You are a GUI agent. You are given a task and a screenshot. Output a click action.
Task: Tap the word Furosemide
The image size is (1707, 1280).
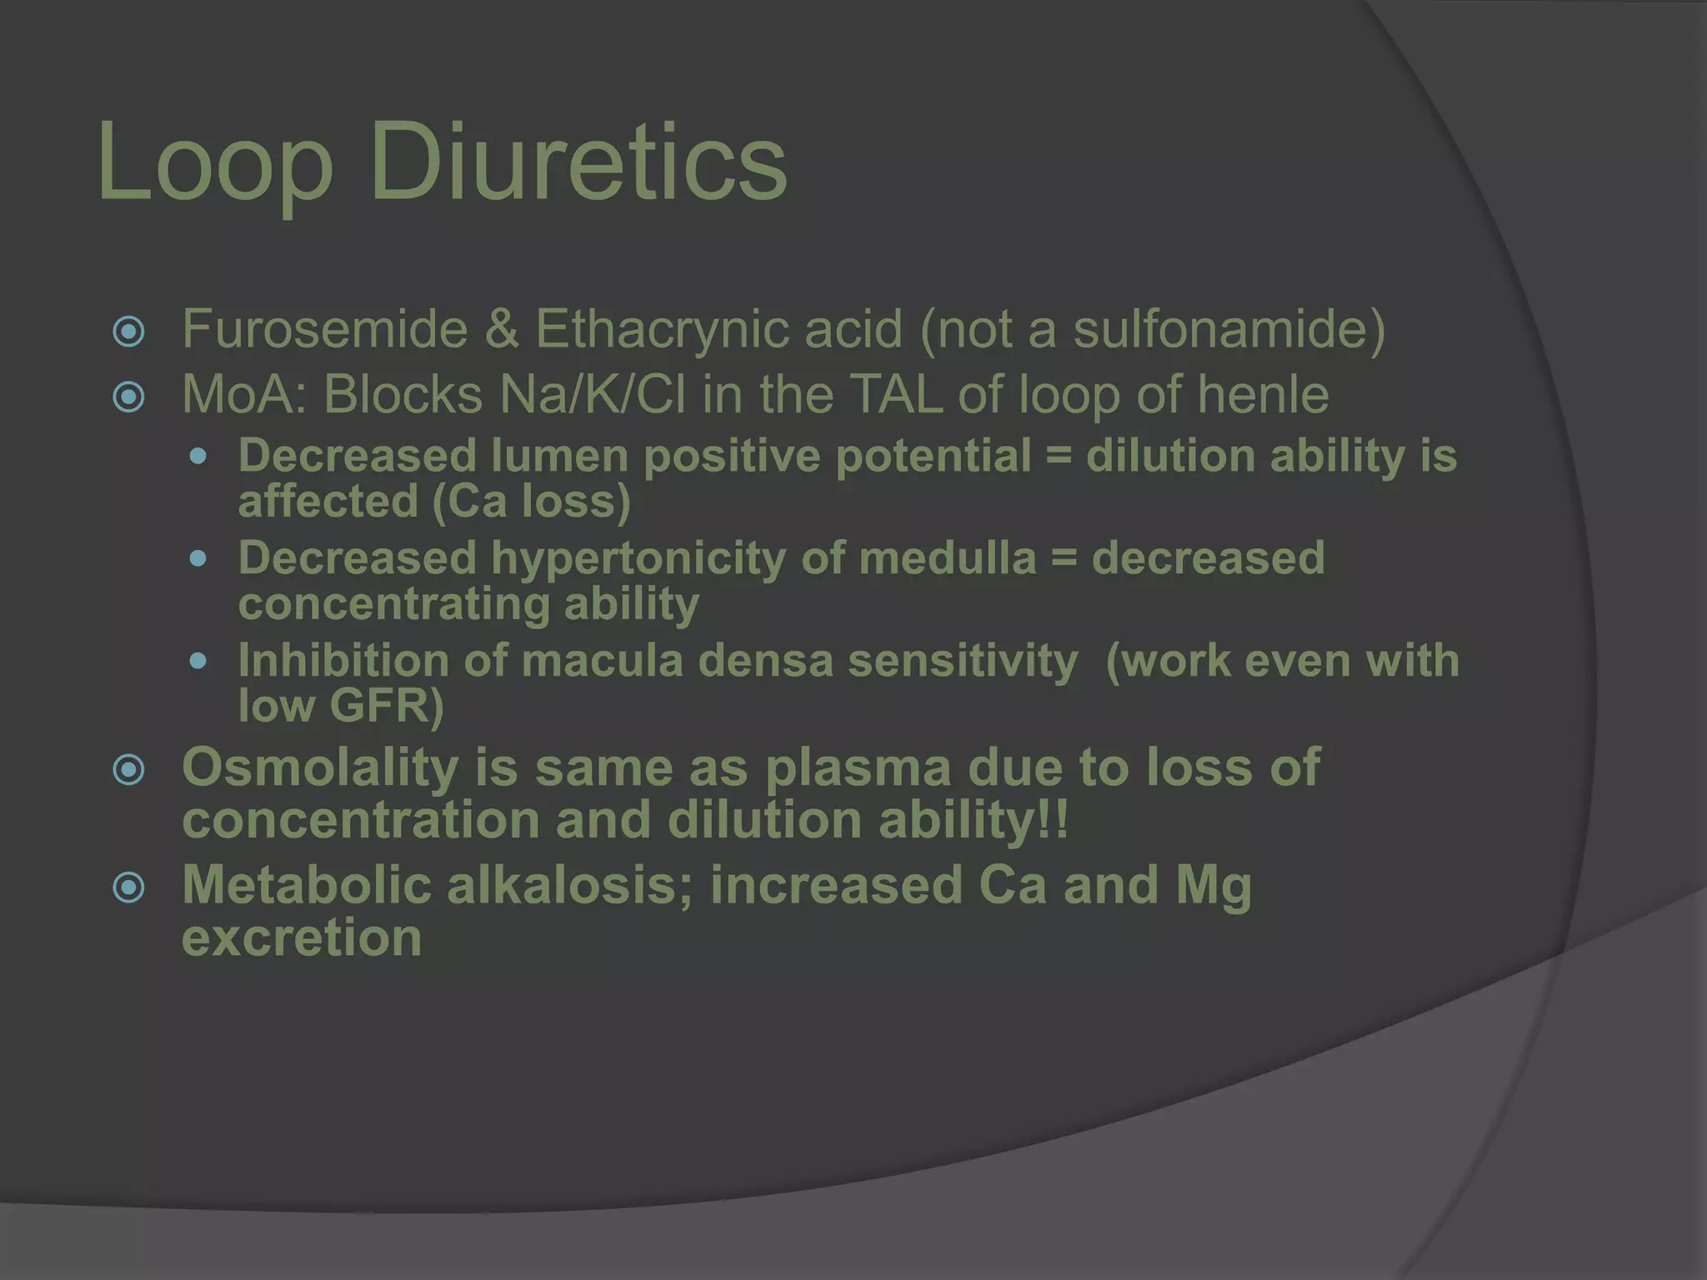[x=325, y=329]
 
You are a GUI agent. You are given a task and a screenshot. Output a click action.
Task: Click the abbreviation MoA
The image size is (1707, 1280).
[x=245, y=394]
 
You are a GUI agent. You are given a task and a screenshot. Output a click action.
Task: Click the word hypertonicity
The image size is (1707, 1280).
[x=638, y=557]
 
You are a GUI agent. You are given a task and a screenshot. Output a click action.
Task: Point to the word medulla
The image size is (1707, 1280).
[x=948, y=557]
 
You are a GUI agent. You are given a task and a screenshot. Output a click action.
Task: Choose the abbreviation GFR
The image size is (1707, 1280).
[x=379, y=706]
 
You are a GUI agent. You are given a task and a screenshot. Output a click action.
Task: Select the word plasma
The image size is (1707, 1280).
[x=858, y=767]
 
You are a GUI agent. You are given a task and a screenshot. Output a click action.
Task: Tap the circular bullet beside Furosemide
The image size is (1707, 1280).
[x=129, y=332]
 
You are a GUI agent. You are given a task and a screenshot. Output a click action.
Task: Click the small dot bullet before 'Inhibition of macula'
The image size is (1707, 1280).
[x=198, y=662]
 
